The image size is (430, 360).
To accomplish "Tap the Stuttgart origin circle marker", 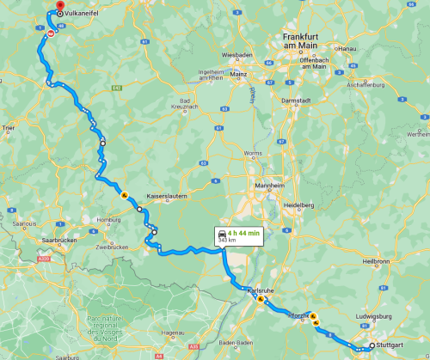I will point(372,346).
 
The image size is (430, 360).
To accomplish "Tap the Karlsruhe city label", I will point(260,290).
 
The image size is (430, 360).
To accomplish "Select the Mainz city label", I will point(238,75).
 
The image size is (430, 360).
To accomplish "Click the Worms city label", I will point(254,154).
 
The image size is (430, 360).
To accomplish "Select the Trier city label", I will point(9,127).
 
